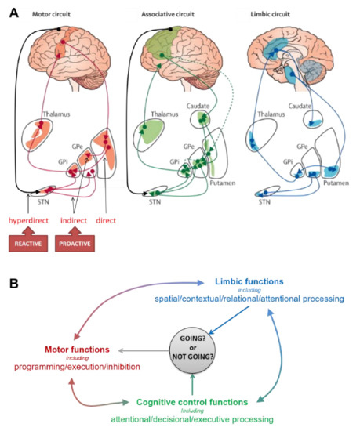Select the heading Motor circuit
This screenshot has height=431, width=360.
click(x=54, y=13)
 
